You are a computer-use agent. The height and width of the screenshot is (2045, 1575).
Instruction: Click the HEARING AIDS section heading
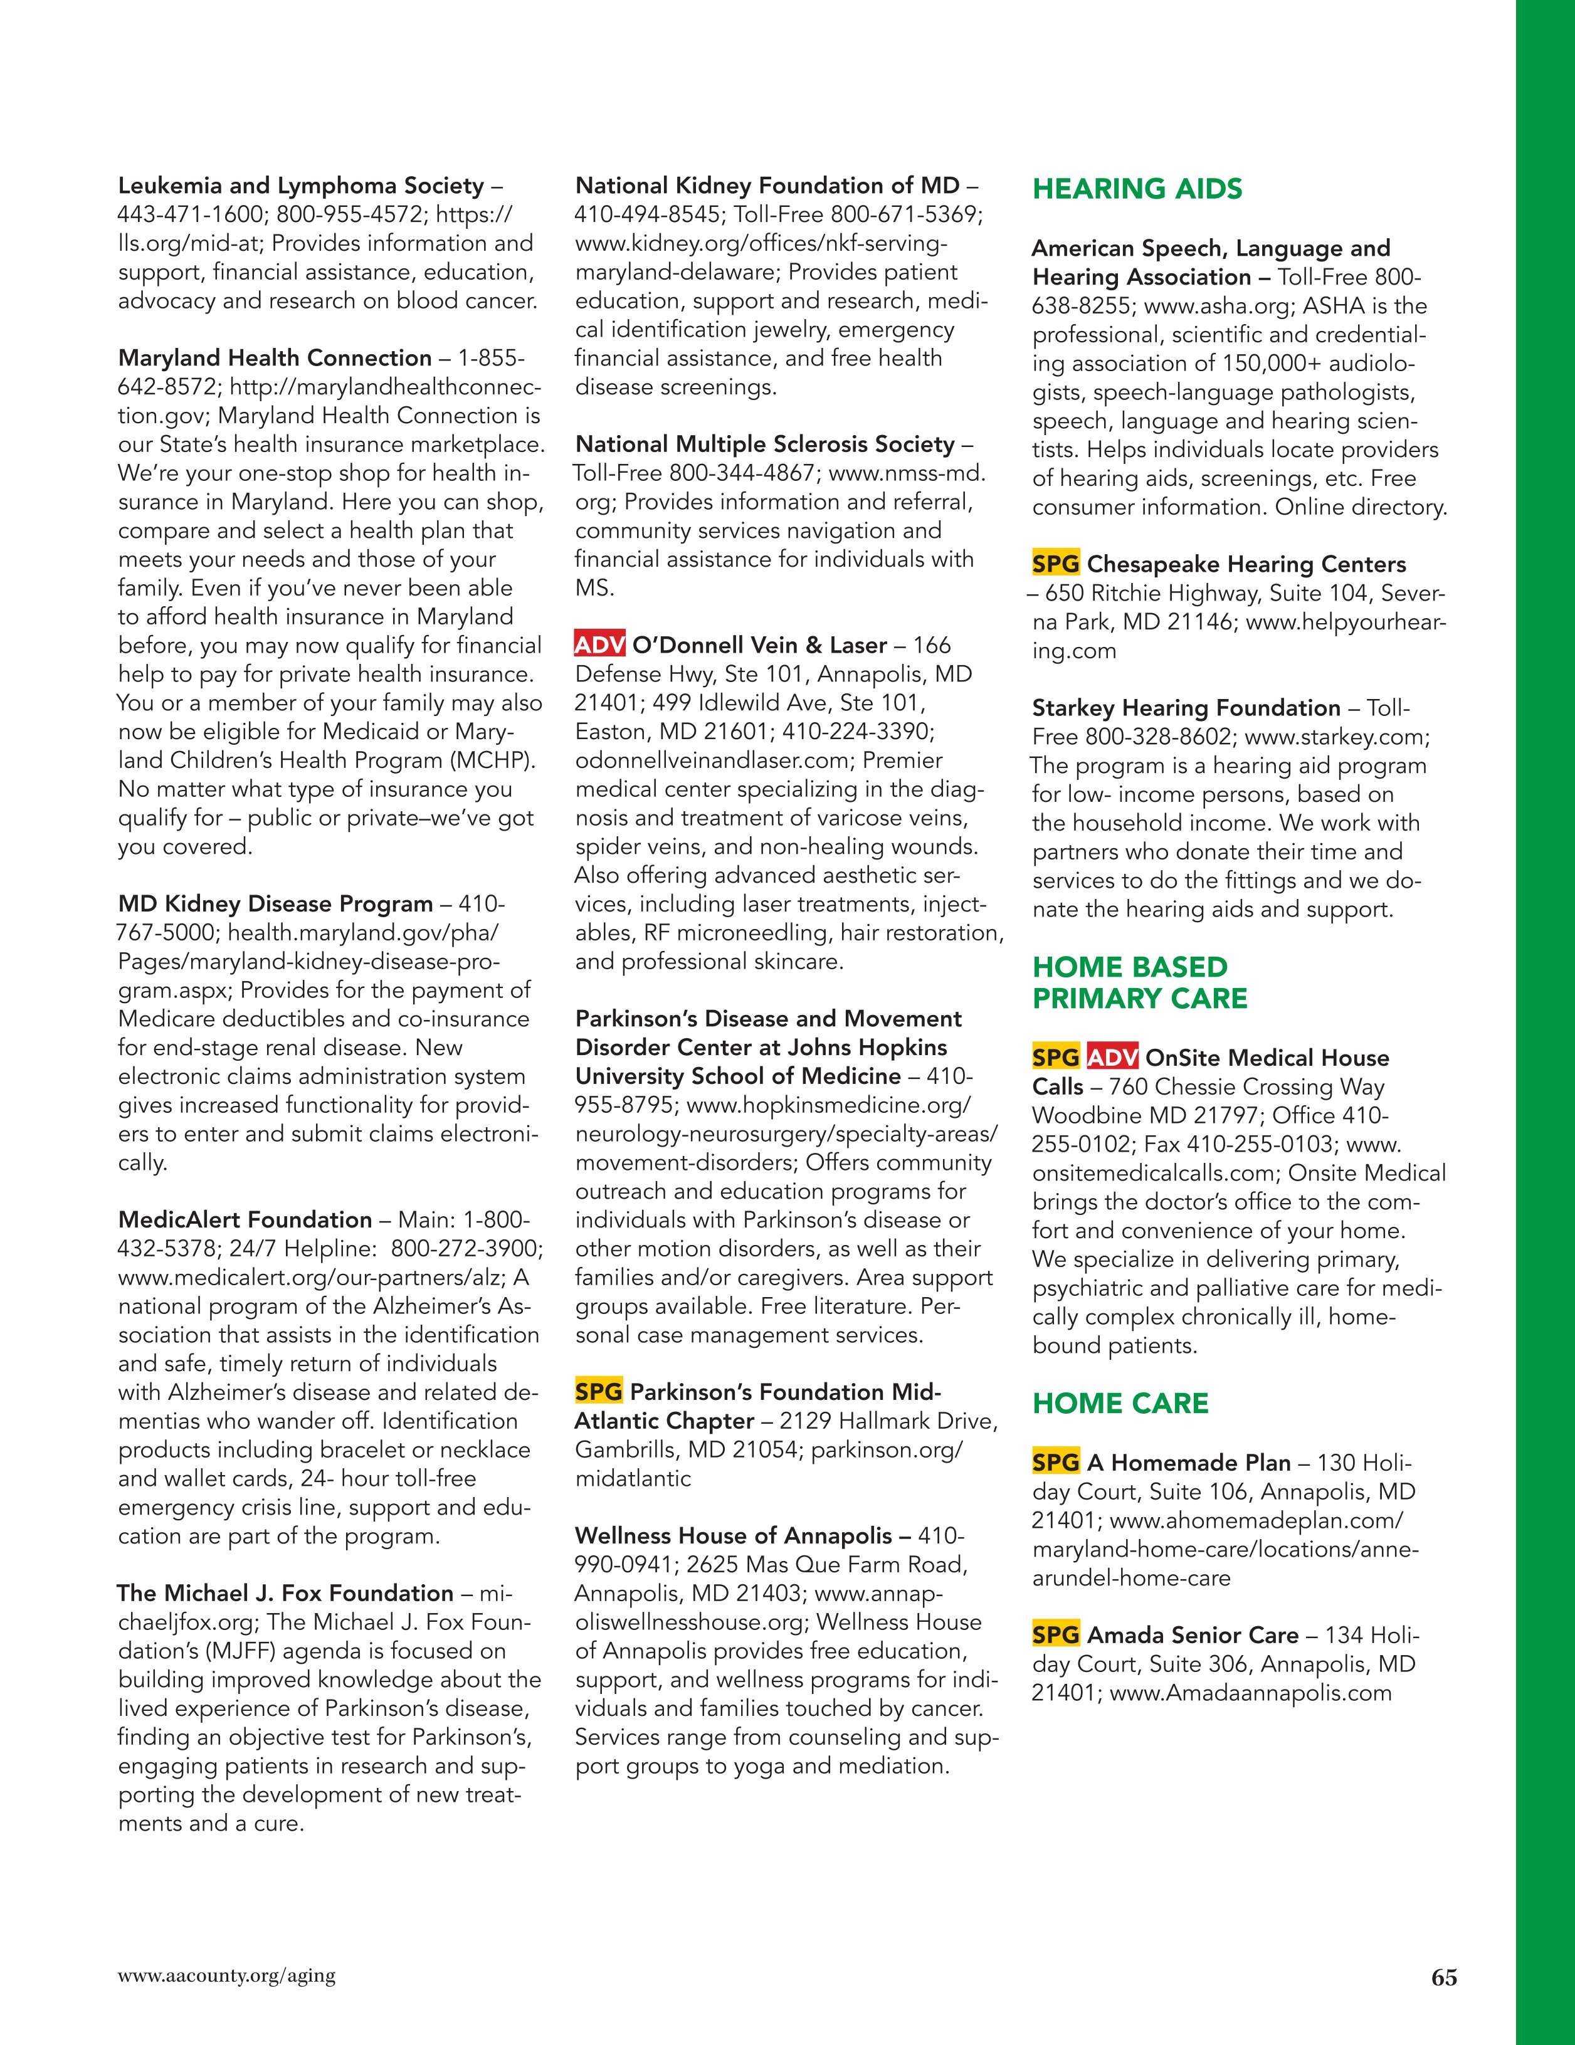tap(1137, 189)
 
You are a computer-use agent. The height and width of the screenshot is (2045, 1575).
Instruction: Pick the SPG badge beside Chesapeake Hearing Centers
tap(1055, 565)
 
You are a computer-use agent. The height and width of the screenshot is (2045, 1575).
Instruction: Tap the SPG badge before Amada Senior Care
tap(1055, 1635)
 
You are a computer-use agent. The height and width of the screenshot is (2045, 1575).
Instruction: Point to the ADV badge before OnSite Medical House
tap(1112, 1058)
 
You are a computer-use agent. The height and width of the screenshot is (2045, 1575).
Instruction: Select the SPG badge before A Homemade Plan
tap(1055, 1463)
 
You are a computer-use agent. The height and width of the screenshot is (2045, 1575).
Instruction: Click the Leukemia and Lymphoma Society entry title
tap(300, 186)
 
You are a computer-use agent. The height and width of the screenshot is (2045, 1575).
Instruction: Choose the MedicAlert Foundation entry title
tap(245, 1219)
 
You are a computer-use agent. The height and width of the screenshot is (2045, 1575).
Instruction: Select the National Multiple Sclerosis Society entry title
tap(764, 444)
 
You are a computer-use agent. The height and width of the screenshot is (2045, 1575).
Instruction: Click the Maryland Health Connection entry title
tap(275, 358)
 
